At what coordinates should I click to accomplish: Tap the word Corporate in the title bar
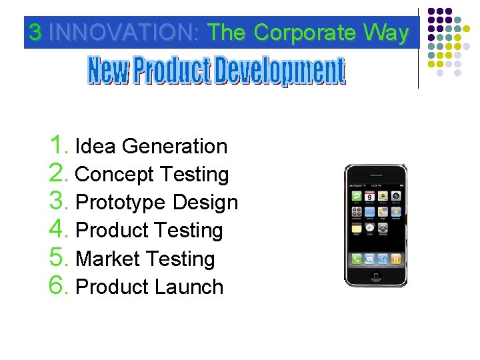point(305,33)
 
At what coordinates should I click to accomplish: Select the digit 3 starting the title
point(35,33)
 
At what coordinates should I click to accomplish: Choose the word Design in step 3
point(205,203)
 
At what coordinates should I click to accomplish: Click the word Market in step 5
point(108,259)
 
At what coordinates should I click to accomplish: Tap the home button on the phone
point(375,277)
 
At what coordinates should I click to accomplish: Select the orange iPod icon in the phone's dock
point(396,259)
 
